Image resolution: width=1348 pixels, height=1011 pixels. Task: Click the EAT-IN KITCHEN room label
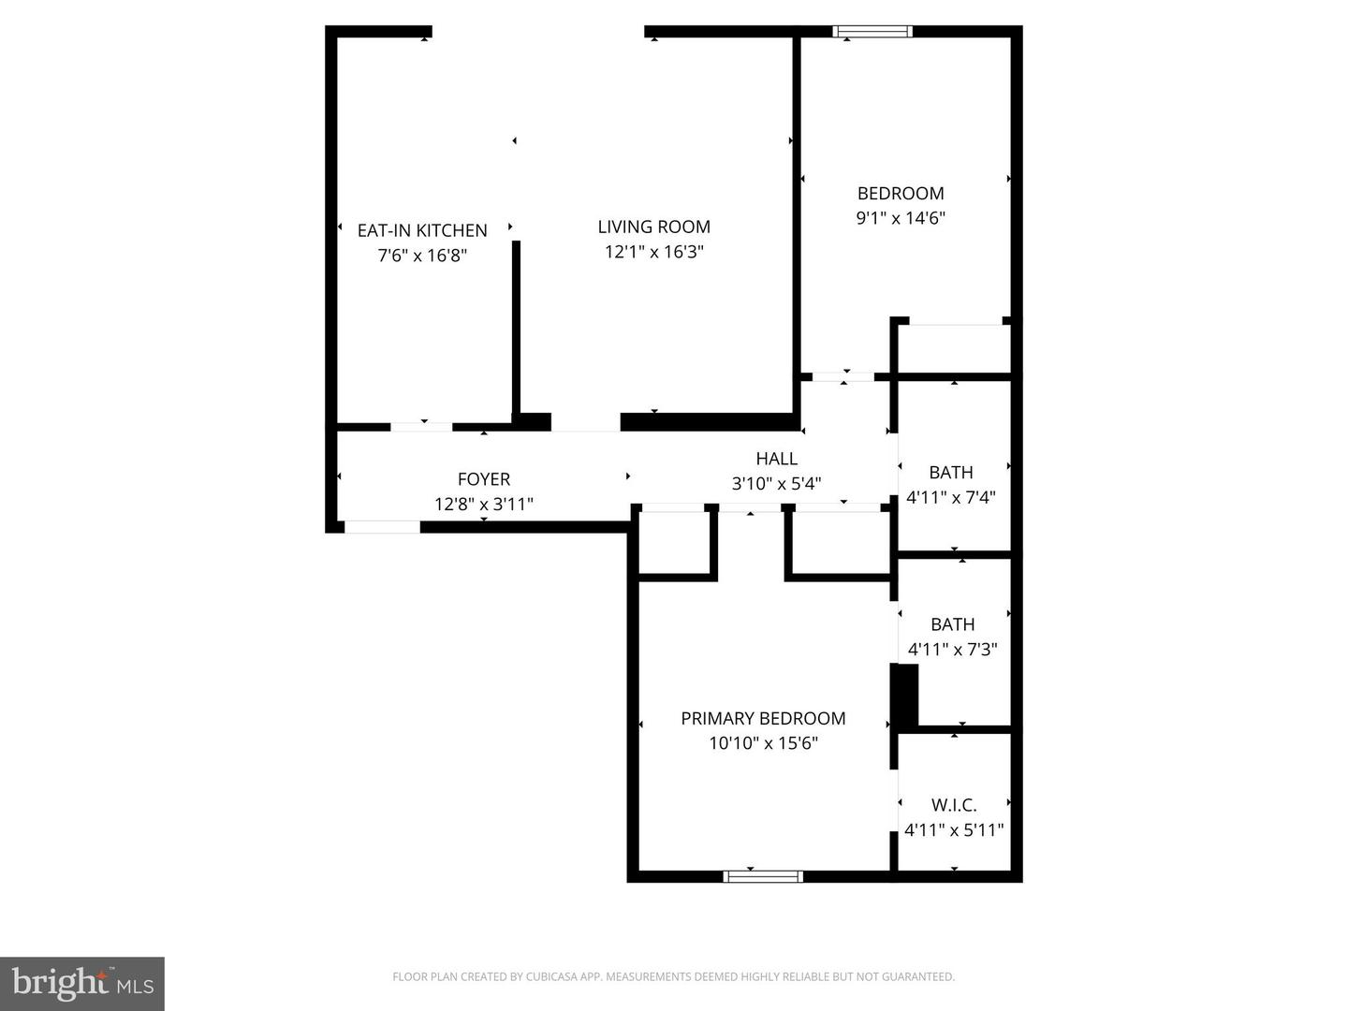pyautogui.click(x=422, y=230)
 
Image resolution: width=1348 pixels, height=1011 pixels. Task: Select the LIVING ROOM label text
pyautogui.click(x=653, y=227)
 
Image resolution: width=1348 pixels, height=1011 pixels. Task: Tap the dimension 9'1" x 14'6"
pyautogui.click(x=901, y=218)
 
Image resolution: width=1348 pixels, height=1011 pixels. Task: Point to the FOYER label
pyautogui.click(x=484, y=479)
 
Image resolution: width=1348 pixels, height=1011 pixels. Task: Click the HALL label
pyautogui.click(x=776, y=459)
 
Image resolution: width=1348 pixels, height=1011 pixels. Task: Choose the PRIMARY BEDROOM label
pyautogui.click(x=763, y=718)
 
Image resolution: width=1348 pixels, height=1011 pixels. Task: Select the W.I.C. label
pyautogui.click(x=954, y=805)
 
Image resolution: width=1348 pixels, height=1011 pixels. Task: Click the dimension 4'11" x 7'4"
pyautogui.click(x=951, y=497)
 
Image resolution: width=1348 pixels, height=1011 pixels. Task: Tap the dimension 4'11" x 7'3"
pyautogui.click(x=952, y=649)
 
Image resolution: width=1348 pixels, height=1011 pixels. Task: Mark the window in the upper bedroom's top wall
pyautogui.click(x=872, y=32)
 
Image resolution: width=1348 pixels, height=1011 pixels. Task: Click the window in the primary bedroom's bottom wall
pyautogui.click(x=763, y=876)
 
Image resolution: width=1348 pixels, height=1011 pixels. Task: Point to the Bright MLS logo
pyautogui.click(x=82, y=983)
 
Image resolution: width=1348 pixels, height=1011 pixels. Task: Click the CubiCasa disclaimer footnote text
pyautogui.click(x=673, y=976)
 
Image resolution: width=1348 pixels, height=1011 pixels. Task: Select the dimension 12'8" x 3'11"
pyautogui.click(x=484, y=505)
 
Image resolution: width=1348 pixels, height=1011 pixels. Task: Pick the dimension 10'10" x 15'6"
pyautogui.click(x=763, y=743)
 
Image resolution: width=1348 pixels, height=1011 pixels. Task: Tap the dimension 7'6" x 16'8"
pyautogui.click(x=422, y=256)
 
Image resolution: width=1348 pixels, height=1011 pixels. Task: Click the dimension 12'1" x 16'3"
pyautogui.click(x=653, y=252)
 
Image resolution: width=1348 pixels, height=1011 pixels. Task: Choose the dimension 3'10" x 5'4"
pyautogui.click(x=776, y=484)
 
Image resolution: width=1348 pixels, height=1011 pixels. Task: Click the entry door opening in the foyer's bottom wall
pyautogui.click(x=382, y=527)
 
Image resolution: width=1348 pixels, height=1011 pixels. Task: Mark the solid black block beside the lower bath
pyautogui.click(x=904, y=696)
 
